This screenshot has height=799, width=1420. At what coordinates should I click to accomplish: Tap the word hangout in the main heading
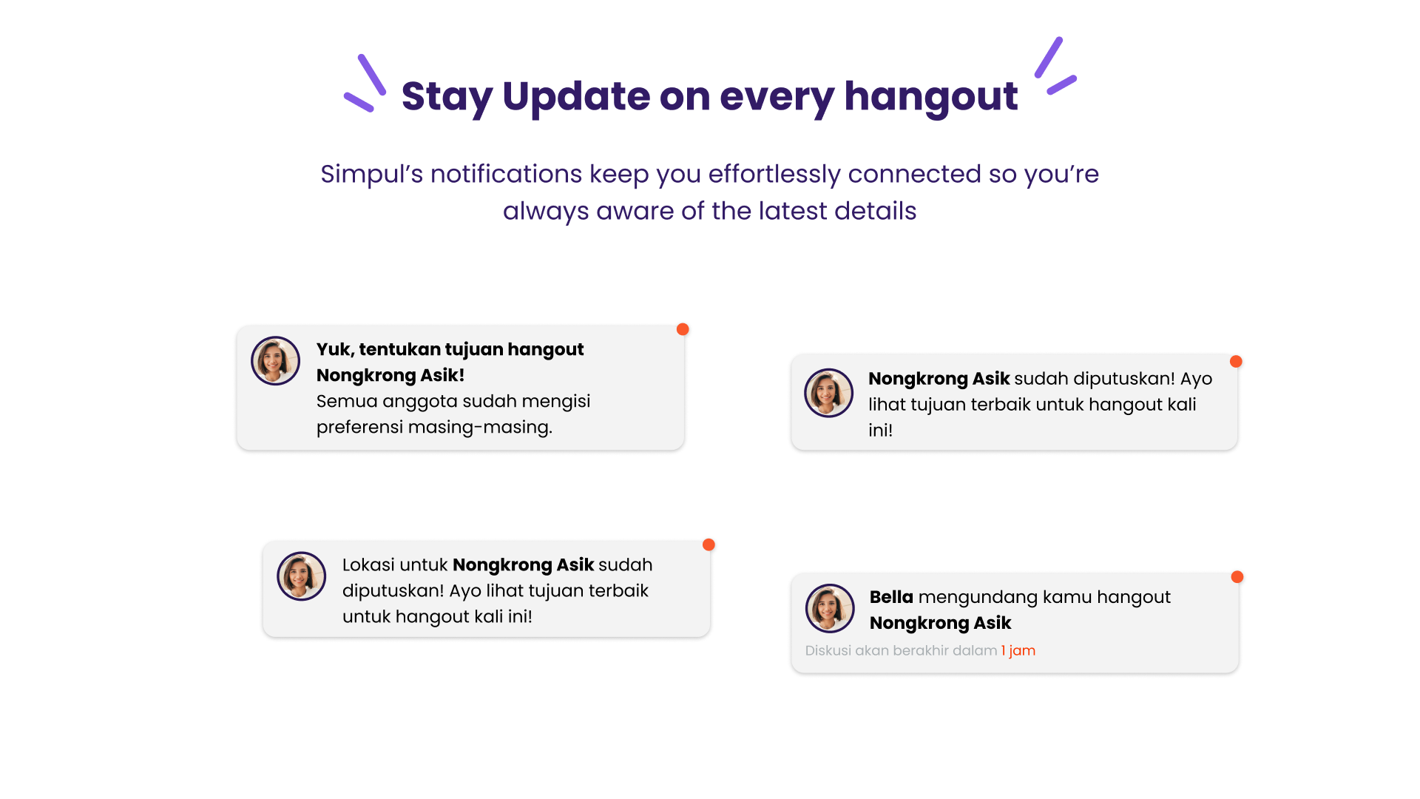point(931,97)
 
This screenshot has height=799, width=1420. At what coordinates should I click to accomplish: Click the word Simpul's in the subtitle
point(372,174)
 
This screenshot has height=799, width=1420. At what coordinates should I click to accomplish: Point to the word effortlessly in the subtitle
point(774,175)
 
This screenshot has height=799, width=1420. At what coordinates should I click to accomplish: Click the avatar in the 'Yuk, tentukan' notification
point(275,361)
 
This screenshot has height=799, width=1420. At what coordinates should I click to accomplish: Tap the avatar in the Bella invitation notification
point(830,608)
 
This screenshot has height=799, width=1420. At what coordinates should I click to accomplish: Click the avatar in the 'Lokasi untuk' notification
point(302,576)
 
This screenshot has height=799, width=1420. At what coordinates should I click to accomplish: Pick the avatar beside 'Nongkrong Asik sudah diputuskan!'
point(829,393)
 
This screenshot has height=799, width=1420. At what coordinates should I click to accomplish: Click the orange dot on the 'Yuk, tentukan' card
point(683,329)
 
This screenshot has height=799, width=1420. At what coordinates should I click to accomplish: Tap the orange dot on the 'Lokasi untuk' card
point(709,545)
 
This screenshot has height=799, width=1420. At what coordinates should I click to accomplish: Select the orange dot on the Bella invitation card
point(1237,577)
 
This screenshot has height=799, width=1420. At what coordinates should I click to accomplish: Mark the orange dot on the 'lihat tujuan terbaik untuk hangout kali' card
point(1236,362)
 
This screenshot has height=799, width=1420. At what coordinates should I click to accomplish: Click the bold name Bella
point(891,597)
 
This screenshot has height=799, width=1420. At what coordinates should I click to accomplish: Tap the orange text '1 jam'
point(1018,651)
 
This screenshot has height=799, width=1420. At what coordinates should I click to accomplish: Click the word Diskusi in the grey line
point(828,650)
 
